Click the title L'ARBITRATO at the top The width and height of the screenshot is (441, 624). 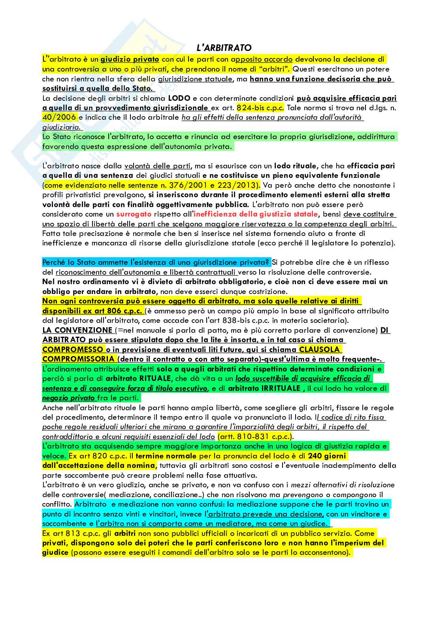click(x=224, y=48)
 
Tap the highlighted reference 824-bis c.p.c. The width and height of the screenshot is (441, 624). click(x=260, y=108)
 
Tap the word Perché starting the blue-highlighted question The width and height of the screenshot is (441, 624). click(x=54, y=262)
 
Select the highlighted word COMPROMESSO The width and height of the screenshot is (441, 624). click(x=72, y=349)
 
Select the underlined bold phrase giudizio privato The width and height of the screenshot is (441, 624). click(x=130, y=60)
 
